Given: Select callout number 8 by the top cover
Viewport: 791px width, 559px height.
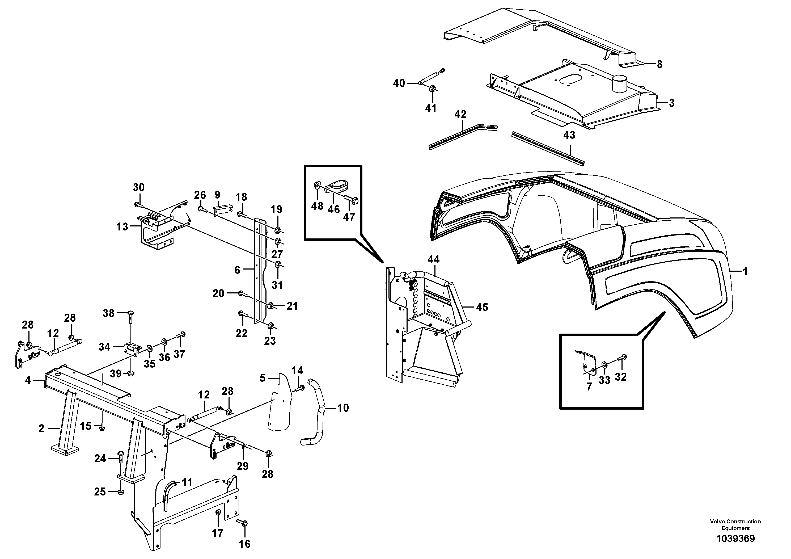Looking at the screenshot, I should (x=659, y=64).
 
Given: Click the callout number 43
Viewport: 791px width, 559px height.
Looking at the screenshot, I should (x=569, y=135).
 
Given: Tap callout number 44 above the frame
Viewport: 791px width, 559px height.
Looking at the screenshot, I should (x=433, y=259).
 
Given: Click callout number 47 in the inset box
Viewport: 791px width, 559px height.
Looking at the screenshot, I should (x=349, y=217).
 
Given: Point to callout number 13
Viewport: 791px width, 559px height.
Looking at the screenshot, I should (x=122, y=227).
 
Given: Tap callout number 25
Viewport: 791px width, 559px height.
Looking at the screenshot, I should (x=100, y=492).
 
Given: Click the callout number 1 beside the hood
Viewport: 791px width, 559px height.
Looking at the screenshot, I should (x=745, y=272).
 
